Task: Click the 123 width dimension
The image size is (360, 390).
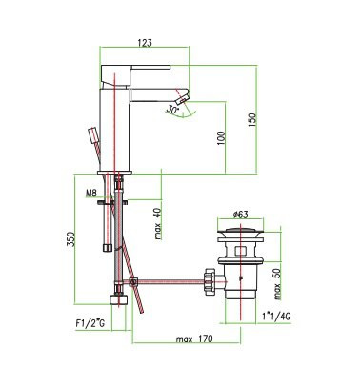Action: (145, 43)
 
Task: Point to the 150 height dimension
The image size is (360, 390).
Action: (251, 120)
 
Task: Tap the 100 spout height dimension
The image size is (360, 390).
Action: (221, 138)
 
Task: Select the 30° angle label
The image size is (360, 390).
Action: (171, 110)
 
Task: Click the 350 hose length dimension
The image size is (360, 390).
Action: (70, 239)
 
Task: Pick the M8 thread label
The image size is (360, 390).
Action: (90, 193)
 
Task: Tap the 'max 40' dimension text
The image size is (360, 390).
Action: (158, 223)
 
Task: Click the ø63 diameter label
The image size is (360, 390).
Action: (240, 215)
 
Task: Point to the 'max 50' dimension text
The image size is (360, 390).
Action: (277, 284)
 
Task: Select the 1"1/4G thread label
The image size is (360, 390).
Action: (276, 317)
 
